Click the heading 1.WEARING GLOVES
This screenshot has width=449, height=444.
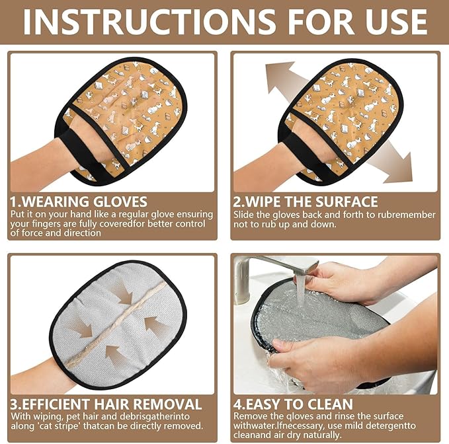[79, 202]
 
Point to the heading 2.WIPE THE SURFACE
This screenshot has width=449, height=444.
[306, 202]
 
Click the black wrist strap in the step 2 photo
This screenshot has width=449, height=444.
[310, 153]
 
